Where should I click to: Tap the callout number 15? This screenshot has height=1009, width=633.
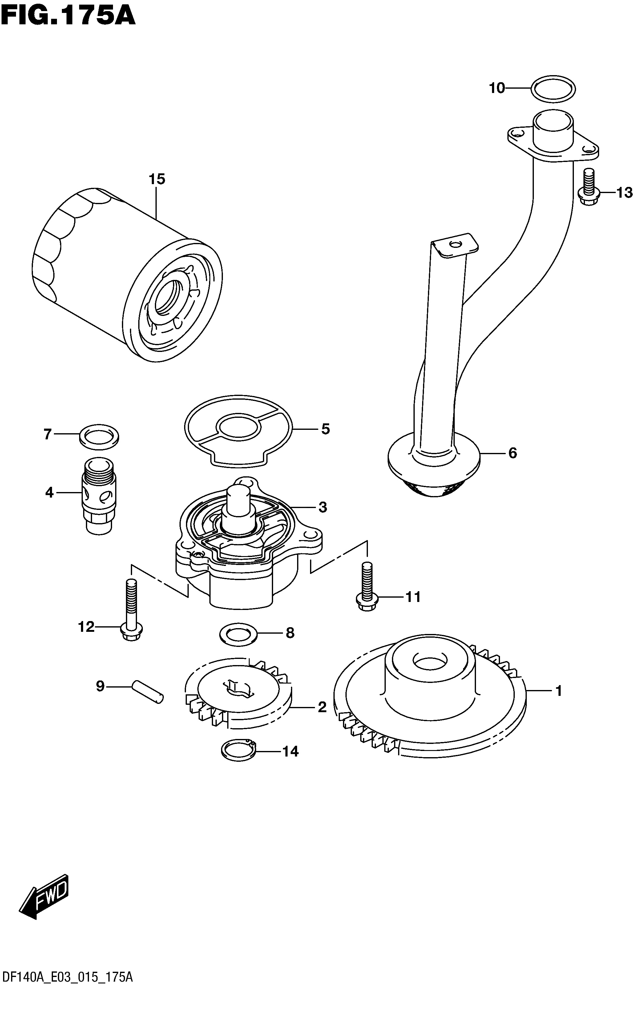tap(157, 179)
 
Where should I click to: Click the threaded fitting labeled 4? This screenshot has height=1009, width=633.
tap(99, 496)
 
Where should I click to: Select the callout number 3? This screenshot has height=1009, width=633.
tap(322, 507)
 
